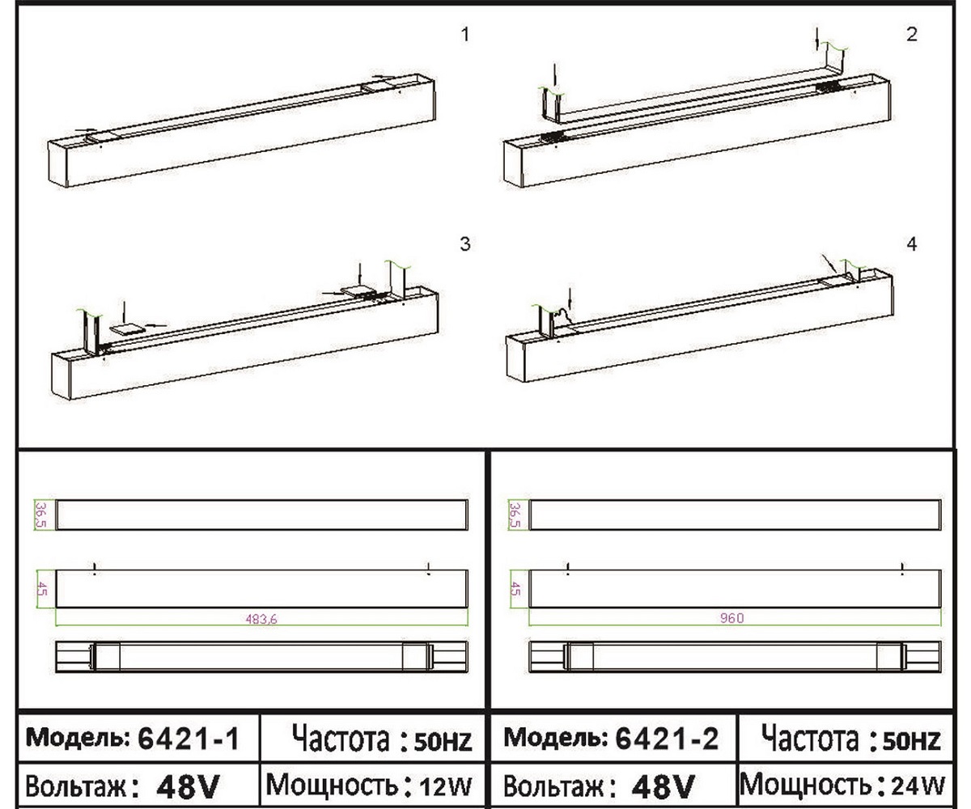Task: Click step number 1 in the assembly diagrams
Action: [x=465, y=35]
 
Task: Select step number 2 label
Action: [x=912, y=35]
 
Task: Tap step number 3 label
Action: [x=465, y=244]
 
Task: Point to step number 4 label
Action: [x=912, y=244]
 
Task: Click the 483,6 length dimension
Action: [x=261, y=619]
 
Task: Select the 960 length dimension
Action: [x=732, y=618]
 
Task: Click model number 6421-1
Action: [x=189, y=739]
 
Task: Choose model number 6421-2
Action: [x=667, y=738]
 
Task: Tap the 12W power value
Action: [x=446, y=786]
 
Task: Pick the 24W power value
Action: [x=918, y=786]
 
